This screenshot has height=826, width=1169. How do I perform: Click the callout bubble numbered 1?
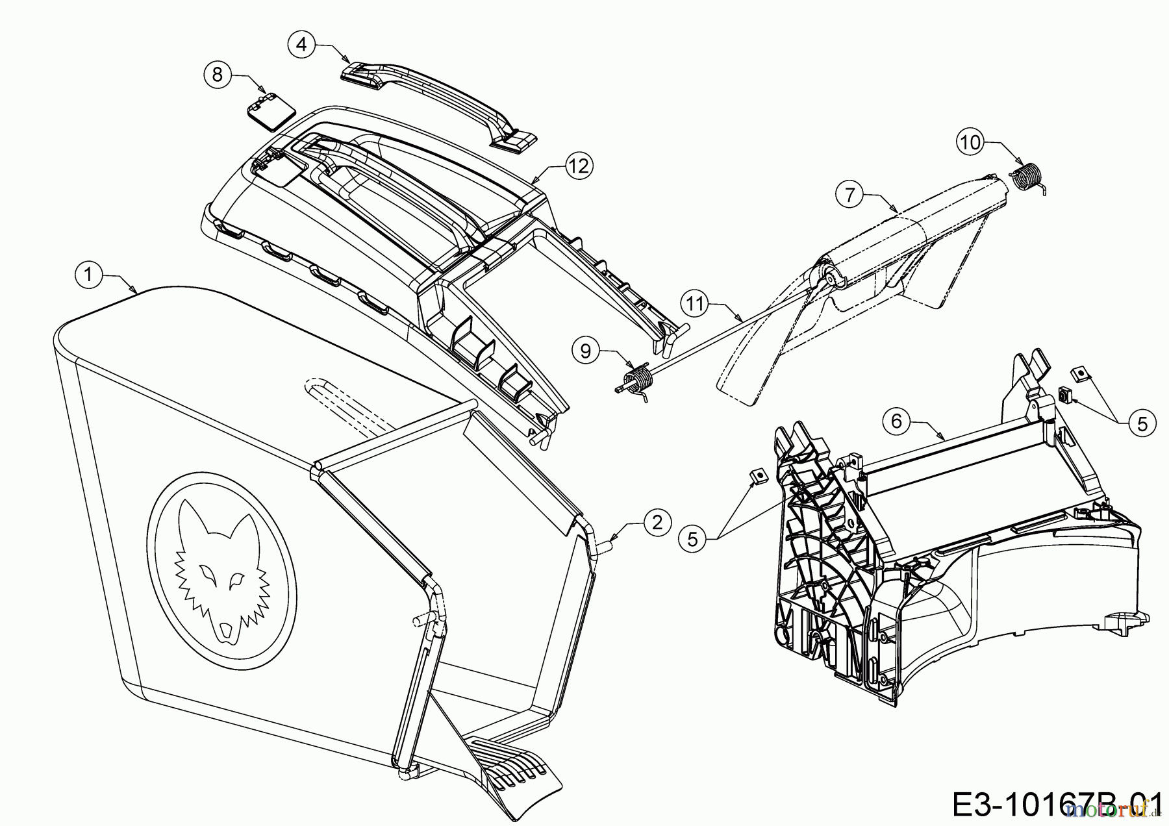coord(89,275)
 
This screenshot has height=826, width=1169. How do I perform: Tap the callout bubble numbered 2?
coord(657,522)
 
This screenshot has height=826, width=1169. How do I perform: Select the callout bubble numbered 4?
coord(301,44)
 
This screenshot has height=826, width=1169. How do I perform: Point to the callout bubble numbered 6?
coord(896,421)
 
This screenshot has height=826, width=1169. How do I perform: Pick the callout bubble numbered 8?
coord(218,75)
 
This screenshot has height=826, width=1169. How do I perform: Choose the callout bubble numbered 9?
coord(586,351)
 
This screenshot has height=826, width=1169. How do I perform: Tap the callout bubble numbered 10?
coord(970,142)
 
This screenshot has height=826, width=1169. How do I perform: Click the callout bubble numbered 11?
coord(696,303)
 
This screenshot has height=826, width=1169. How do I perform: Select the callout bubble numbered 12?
coord(579,166)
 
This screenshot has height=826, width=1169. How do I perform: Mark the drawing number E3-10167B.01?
coord(1059,805)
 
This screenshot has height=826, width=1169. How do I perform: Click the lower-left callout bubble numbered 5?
coord(692,539)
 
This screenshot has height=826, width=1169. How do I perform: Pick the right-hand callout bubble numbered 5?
coord(1142,423)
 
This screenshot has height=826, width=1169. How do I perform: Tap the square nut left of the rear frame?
coord(755,478)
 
